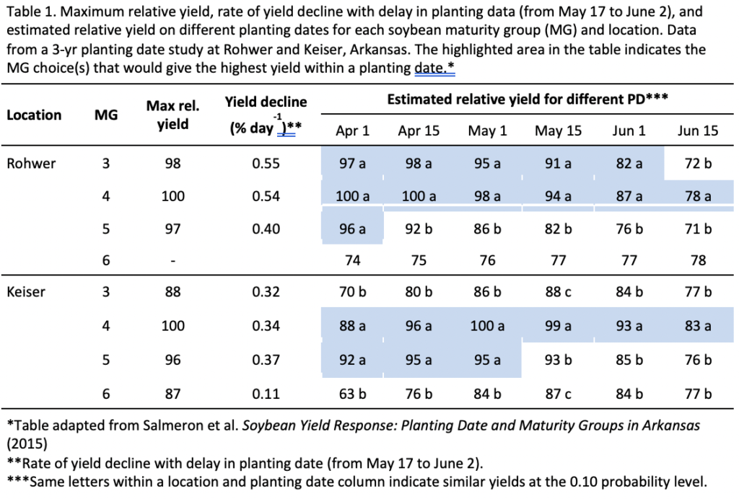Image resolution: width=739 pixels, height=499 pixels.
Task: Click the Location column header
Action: [34, 115]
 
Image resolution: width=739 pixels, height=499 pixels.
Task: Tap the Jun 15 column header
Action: [698, 131]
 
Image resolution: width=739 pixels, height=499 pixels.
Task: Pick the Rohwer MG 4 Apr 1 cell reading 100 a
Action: [352, 196]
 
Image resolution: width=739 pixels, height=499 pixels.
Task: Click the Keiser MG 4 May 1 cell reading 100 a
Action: [487, 326]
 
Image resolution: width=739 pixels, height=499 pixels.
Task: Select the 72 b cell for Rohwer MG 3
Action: [698, 164]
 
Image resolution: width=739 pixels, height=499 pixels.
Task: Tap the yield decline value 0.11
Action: [267, 393]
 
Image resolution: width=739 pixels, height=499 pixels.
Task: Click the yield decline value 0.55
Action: [267, 164]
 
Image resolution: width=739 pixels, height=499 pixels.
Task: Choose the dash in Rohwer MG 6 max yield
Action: [173, 261]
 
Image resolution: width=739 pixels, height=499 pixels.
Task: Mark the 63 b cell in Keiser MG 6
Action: [352, 393]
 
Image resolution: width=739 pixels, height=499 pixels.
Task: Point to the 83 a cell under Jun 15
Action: [698, 326]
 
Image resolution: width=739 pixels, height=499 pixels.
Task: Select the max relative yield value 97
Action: [173, 229]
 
